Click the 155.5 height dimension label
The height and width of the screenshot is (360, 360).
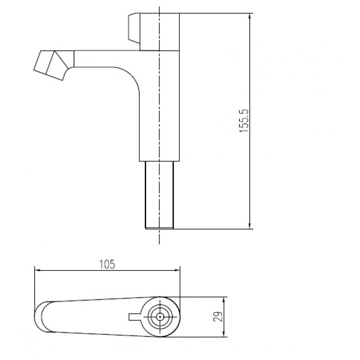244,121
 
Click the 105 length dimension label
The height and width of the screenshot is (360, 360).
107,265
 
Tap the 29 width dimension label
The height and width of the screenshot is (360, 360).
218,317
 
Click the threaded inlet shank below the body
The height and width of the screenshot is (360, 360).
159,195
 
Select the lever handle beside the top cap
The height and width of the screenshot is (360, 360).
134,28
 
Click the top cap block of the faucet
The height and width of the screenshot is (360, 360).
160,32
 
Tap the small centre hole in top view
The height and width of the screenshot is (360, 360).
160,317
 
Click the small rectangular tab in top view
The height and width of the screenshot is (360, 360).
134,317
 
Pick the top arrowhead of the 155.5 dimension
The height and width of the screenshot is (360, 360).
250,17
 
